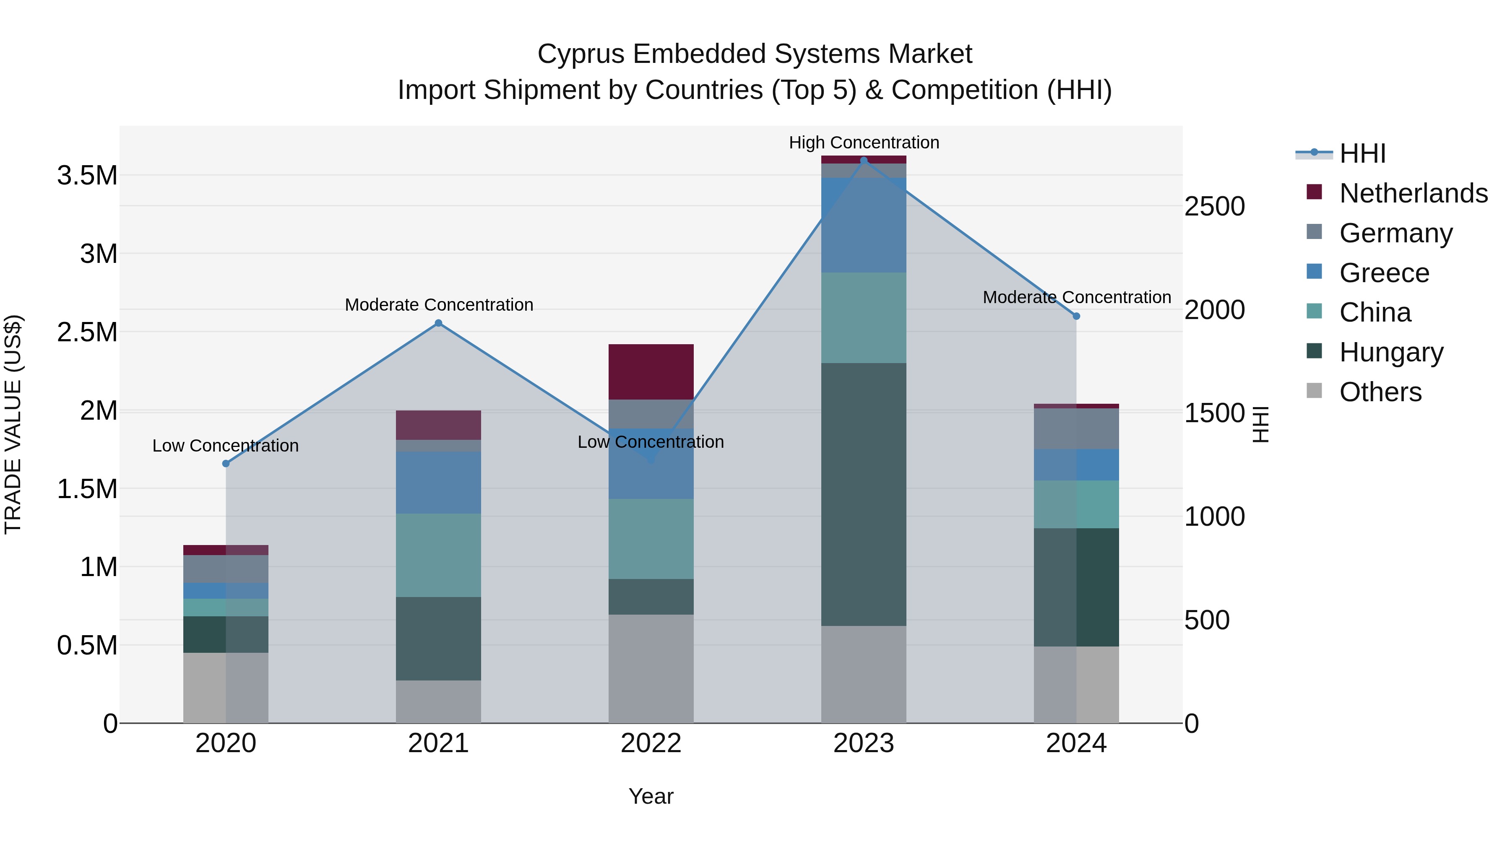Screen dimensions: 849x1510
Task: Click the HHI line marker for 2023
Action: click(x=864, y=161)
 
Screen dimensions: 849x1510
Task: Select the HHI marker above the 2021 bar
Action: click(x=438, y=323)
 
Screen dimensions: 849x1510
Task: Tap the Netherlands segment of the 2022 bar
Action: click(x=651, y=372)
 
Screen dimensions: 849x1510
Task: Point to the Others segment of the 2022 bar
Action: click(x=651, y=669)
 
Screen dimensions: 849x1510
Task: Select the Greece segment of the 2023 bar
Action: click(x=864, y=225)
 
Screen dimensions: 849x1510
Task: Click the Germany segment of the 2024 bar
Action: click(x=1076, y=429)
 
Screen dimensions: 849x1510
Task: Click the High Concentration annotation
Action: click(x=864, y=143)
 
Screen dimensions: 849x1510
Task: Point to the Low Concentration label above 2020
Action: click(x=226, y=446)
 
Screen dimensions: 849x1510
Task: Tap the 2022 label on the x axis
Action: click(x=651, y=743)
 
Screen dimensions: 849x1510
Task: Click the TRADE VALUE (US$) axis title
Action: click(x=13, y=424)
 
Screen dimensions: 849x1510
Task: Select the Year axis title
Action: click(x=651, y=796)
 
